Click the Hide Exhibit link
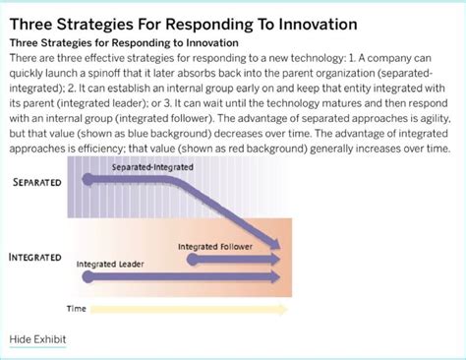[38, 339]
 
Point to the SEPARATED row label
[38, 183]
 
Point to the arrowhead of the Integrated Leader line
[278, 276]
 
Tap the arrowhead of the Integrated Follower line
[278, 259]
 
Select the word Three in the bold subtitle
[28, 43]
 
